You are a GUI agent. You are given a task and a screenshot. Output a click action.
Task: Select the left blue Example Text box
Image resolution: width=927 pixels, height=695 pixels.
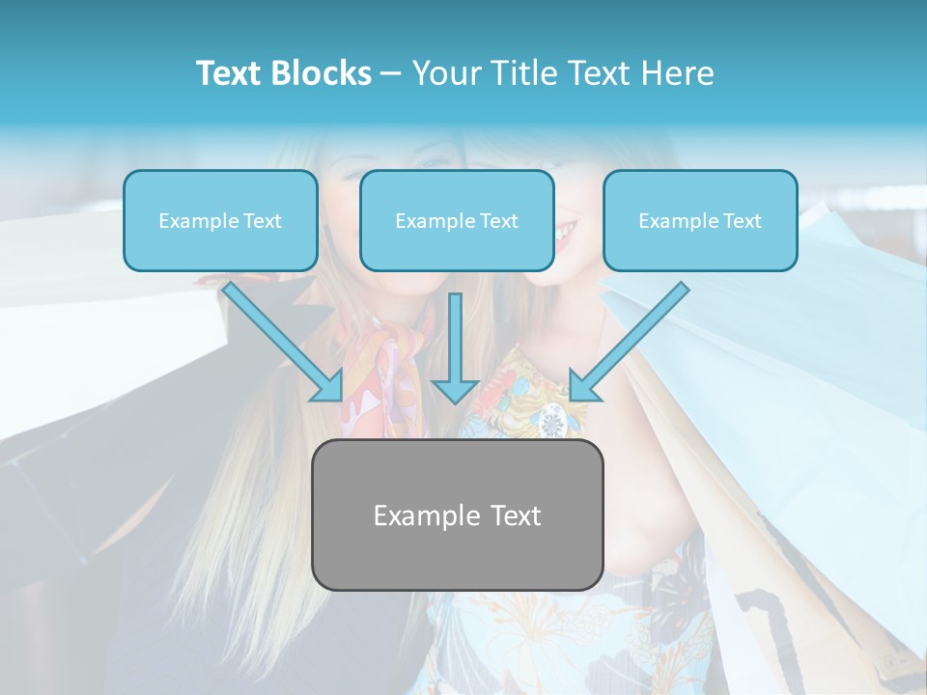[x=220, y=220]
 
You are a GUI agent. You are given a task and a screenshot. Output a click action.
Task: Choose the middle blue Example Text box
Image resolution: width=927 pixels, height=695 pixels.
[x=457, y=220]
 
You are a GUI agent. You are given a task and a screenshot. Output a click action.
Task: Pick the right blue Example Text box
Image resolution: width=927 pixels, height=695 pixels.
[x=700, y=220]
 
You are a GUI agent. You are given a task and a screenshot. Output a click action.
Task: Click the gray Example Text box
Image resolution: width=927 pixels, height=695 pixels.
[x=457, y=514]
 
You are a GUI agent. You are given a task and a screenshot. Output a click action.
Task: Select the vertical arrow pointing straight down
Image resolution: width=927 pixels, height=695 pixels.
[x=455, y=347]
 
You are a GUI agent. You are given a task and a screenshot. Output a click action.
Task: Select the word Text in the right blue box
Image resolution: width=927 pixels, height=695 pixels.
[x=742, y=221]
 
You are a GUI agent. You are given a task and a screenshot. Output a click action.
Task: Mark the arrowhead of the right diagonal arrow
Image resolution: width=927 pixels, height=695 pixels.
[x=583, y=387]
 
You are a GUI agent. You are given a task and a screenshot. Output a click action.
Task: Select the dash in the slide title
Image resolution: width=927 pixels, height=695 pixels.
[x=391, y=73]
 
